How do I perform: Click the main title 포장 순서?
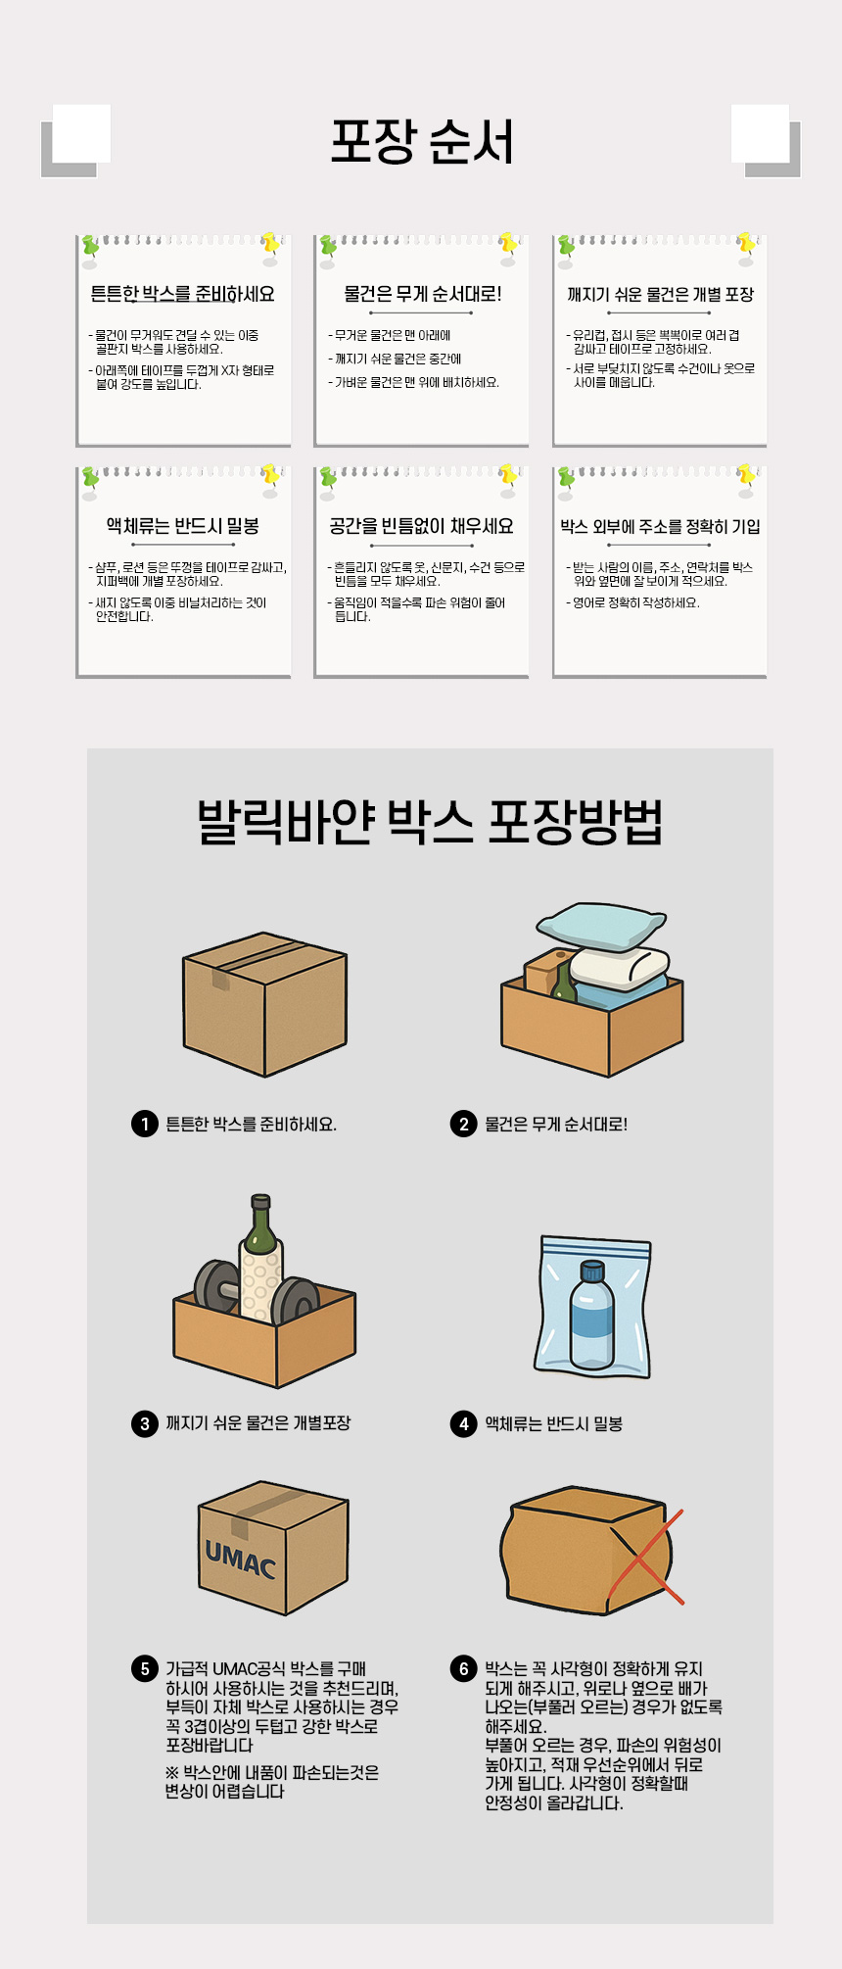422,142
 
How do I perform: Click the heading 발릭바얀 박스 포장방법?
430,821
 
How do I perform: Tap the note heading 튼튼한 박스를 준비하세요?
183,294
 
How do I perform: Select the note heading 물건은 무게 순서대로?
422,294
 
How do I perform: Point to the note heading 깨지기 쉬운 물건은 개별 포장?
660,294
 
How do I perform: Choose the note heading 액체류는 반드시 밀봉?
183,526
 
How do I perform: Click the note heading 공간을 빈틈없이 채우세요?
422,526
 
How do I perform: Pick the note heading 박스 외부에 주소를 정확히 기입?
660,527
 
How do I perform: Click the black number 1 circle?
145,1124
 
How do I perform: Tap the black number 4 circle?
464,1423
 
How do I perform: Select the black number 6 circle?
464,1668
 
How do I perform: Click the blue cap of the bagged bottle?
592,1272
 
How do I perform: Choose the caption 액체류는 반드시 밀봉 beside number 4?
554,1423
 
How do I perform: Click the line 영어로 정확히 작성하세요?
633,602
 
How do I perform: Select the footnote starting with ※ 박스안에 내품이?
272,1782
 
